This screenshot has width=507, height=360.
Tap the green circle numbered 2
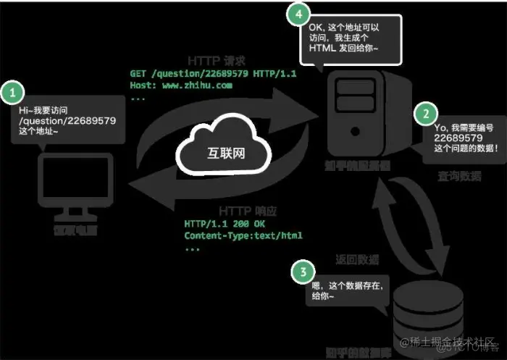click(x=426, y=113)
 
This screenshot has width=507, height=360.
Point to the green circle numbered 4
click(x=296, y=13)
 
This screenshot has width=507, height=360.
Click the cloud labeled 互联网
click(x=222, y=153)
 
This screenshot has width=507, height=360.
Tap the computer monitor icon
click(x=75, y=185)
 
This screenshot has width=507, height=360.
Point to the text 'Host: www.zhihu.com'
click(x=181, y=85)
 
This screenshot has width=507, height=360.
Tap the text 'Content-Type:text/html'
click(x=243, y=235)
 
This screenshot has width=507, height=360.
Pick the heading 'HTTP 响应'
click(x=225, y=211)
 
